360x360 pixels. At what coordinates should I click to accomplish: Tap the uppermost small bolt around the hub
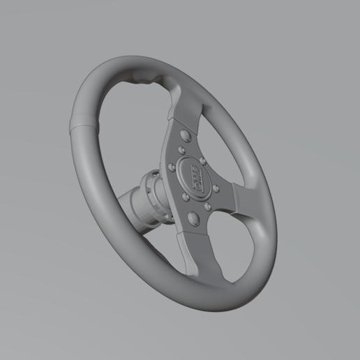click(x=181, y=149)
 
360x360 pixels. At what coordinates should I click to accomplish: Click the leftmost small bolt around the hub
click(x=172, y=166)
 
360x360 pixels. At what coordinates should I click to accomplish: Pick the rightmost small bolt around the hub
click(x=216, y=188)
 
